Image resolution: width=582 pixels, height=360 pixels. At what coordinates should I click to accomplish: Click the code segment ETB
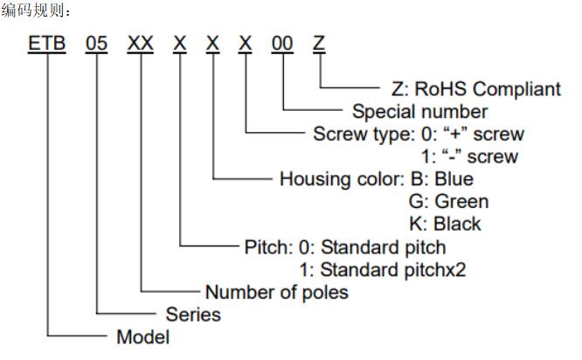[47, 43]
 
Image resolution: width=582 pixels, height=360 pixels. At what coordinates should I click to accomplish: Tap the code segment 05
[96, 43]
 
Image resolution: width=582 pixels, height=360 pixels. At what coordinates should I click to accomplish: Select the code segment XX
[141, 43]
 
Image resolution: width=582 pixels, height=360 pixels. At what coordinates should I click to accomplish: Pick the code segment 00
[282, 43]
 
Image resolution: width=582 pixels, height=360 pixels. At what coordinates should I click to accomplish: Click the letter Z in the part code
[319, 43]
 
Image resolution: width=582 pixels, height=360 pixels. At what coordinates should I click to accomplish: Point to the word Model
[143, 337]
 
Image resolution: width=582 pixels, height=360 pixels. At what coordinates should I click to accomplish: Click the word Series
[193, 315]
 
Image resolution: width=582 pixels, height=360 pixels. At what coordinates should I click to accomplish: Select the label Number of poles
[277, 292]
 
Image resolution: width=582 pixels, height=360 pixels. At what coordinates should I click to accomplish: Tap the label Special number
[419, 111]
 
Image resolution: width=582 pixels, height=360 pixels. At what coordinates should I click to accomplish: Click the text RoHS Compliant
[488, 89]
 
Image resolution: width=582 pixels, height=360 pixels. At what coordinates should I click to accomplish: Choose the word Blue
[454, 179]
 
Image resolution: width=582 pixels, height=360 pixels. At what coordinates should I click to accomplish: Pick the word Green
[461, 202]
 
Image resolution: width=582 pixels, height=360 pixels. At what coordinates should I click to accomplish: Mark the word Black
[457, 224]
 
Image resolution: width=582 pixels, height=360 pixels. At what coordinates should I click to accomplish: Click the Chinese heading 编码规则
[32, 10]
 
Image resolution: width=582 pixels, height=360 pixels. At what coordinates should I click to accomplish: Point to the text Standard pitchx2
[393, 270]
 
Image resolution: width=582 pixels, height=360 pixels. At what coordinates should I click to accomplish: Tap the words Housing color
[340, 179]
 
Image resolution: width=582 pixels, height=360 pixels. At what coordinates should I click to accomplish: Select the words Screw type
[362, 135]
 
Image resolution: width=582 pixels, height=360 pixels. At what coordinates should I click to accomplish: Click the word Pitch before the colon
[266, 247]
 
